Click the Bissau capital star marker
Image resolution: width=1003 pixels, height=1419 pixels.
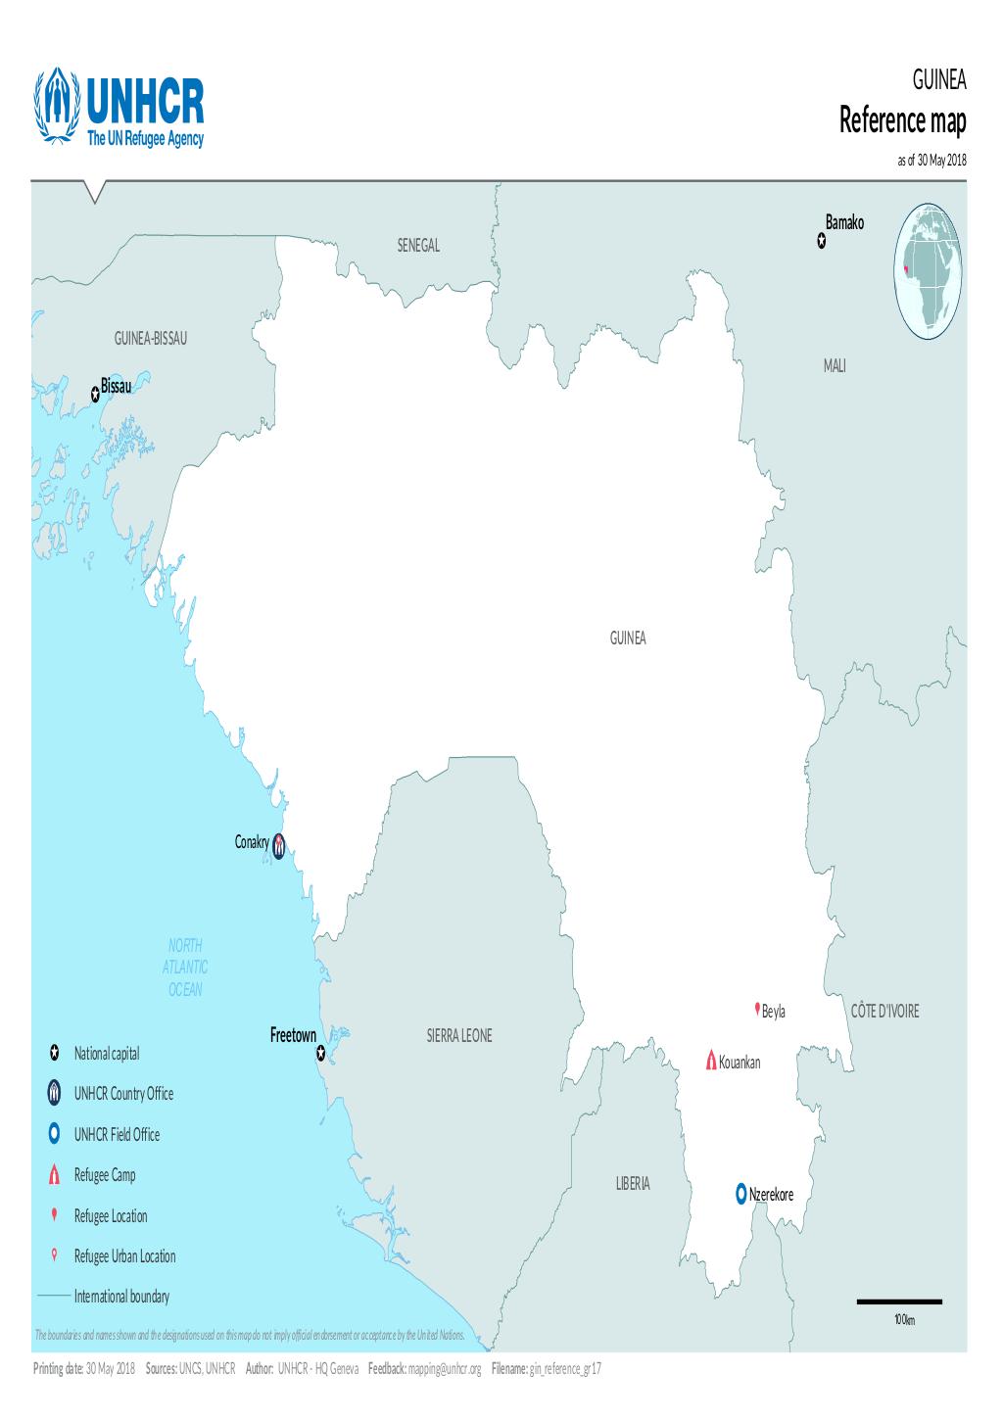[95, 394]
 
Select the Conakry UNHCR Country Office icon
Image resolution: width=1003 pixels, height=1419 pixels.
[279, 844]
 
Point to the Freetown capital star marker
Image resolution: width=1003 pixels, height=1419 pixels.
[320, 1054]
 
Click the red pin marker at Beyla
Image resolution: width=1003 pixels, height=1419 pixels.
[756, 1009]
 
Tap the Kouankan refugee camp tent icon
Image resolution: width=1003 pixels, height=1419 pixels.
[711, 1061]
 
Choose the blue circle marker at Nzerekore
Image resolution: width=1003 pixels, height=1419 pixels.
[741, 1193]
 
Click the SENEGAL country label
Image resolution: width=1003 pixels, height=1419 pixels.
[418, 245]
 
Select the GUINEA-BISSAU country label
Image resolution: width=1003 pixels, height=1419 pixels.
[150, 339]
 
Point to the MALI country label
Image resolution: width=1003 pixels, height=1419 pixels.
[835, 366]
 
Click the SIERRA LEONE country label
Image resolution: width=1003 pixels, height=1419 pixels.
[459, 1036]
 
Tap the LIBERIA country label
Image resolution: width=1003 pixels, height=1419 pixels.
[632, 1184]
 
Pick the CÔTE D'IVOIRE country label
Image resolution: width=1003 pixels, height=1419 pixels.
[884, 1012]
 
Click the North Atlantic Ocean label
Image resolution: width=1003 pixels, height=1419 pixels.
[185, 967]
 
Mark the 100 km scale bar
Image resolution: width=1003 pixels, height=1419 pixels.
[899, 1301]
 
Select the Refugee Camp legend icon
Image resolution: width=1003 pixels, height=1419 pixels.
[55, 1175]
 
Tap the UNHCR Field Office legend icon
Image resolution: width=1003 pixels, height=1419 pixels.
[55, 1134]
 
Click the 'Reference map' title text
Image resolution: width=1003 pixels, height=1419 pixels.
[902, 122]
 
